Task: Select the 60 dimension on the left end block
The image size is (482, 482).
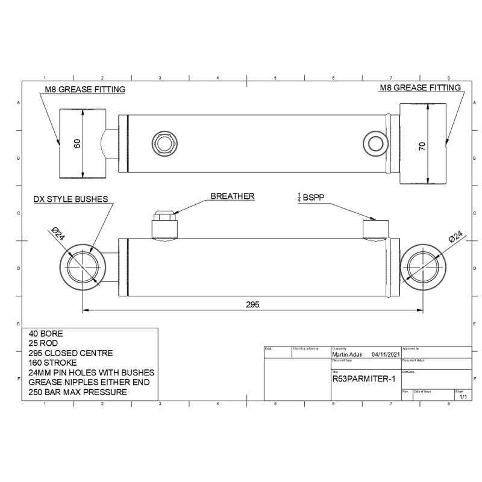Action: (77, 143)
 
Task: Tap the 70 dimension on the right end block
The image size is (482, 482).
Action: (422, 145)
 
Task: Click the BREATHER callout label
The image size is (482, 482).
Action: (232, 196)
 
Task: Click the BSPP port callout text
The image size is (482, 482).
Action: (313, 196)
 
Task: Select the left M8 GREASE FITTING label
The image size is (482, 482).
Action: (85, 90)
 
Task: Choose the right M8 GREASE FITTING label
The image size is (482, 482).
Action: (420, 87)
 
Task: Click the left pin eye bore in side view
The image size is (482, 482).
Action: (83, 266)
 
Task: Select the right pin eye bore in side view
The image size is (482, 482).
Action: (422, 266)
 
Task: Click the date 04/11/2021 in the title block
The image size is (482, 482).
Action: (386, 355)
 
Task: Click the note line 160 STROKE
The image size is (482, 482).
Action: (52, 363)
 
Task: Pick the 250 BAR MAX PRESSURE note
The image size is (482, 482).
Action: (78, 392)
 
